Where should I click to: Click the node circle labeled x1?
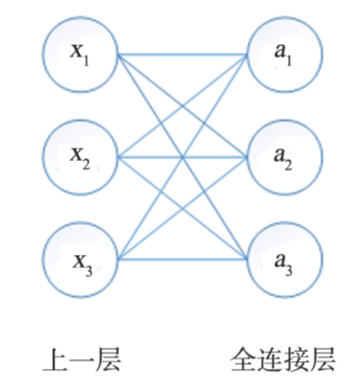click(43, 55)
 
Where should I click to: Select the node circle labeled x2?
click(43, 157)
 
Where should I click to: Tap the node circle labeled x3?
click(43, 260)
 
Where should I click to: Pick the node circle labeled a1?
click(322, 55)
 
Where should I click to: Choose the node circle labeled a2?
click(322, 157)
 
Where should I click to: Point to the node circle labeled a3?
click(322, 260)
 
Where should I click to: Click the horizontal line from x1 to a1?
click(182, 54)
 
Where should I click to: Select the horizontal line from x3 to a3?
click(182, 259)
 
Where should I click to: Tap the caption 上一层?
click(82, 360)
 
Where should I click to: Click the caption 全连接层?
click(282, 360)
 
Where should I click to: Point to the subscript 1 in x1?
click(86, 61)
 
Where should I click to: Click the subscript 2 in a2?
click(288, 165)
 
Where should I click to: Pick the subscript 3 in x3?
click(89, 271)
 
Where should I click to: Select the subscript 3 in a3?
click(289, 270)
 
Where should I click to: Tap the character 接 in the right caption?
click(296, 360)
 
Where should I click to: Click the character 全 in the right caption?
click(243, 360)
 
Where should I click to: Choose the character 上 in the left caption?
click(56, 360)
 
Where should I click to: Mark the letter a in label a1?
click(279, 51)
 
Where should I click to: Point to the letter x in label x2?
click(77, 154)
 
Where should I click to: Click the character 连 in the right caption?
click(270, 360)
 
